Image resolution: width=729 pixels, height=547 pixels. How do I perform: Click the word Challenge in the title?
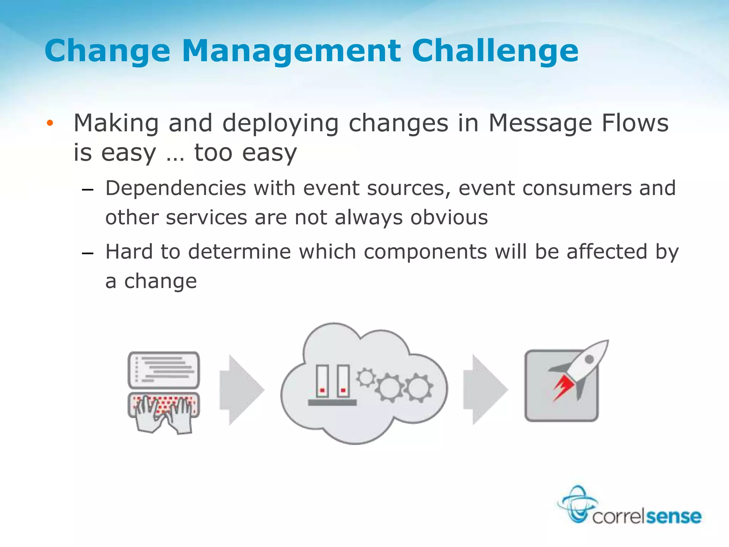click(x=495, y=51)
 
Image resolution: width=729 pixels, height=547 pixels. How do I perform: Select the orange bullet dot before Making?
click(x=50, y=123)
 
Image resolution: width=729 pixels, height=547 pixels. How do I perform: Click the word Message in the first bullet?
click(x=540, y=123)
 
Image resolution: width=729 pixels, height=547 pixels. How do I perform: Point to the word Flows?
click(x=635, y=123)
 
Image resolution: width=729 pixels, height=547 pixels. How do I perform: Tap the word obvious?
click(x=449, y=218)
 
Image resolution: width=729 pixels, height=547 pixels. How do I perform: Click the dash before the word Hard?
click(x=87, y=254)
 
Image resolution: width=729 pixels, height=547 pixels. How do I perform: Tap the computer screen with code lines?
click(x=164, y=370)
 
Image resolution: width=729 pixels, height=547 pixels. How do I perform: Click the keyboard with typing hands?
click(x=164, y=410)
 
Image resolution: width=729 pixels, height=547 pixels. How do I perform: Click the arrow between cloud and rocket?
click(x=485, y=390)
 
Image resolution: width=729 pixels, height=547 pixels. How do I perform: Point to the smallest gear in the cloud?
click(x=366, y=377)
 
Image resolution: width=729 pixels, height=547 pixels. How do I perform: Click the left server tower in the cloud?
click(x=322, y=381)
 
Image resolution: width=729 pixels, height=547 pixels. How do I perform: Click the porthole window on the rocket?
click(x=589, y=359)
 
